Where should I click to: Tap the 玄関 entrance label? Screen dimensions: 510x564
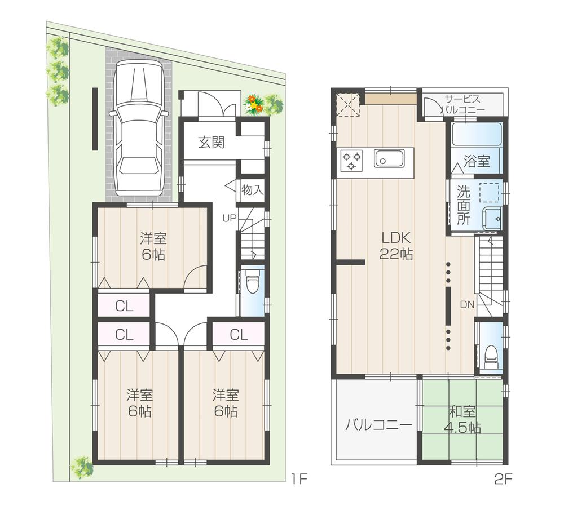pos(211,142)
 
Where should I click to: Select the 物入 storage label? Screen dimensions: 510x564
pos(252,189)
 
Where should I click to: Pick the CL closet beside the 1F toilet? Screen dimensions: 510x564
pos(239,335)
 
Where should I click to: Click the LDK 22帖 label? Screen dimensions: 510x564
pos(396,245)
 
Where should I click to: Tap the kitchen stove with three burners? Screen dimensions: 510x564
pos(352,159)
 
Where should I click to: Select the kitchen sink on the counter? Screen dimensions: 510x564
pos(389,159)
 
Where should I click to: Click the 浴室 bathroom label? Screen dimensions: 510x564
pos(477,161)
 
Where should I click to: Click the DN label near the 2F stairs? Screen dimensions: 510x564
pos(466,305)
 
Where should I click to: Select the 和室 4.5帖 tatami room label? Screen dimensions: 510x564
pos(461,419)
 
